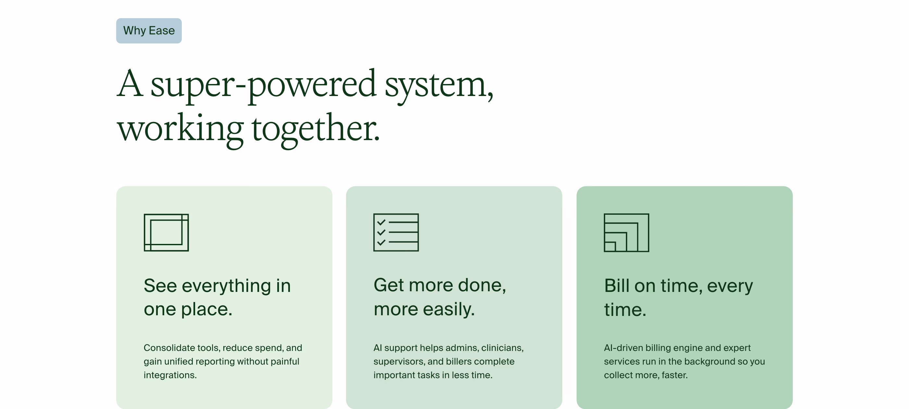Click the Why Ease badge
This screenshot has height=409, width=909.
(149, 31)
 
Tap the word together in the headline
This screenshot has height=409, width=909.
(316, 129)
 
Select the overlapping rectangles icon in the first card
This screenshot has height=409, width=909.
(166, 232)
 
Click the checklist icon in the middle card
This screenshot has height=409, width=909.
(396, 232)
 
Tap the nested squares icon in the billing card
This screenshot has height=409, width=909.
(626, 232)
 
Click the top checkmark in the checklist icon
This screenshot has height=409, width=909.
(381, 222)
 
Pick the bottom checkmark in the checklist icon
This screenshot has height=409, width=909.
(381, 242)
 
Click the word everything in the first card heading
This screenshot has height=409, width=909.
(226, 286)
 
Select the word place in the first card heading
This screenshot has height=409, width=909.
(207, 309)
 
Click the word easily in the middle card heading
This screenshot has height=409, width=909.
(449, 309)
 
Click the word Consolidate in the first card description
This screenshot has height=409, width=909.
(169, 348)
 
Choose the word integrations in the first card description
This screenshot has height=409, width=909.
(170, 375)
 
